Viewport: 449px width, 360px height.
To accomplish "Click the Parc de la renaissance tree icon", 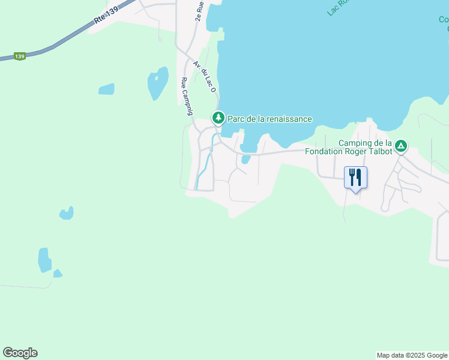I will pos(218,117).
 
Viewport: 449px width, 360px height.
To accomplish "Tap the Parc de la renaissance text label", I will pos(269,119).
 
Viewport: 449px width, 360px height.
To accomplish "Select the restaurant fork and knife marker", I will pos(355,177).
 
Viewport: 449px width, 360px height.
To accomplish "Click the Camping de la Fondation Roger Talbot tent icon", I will pos(401,145).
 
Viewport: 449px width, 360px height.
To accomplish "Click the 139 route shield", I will pos(20,56).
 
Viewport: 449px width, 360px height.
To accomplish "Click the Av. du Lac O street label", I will pos(205,75).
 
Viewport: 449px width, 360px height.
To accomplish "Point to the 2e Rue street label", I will pos(199,11).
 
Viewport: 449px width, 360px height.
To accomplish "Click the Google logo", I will pos(20,353).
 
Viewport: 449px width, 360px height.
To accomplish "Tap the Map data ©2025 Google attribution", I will pos(412,355).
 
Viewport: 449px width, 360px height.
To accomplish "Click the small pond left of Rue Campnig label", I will pos(158,82).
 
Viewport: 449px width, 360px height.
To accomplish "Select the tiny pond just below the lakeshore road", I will pos(246,160).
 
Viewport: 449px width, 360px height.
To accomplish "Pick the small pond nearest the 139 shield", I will pos(106,89).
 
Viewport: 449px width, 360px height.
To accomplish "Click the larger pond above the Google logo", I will pos(45,260).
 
